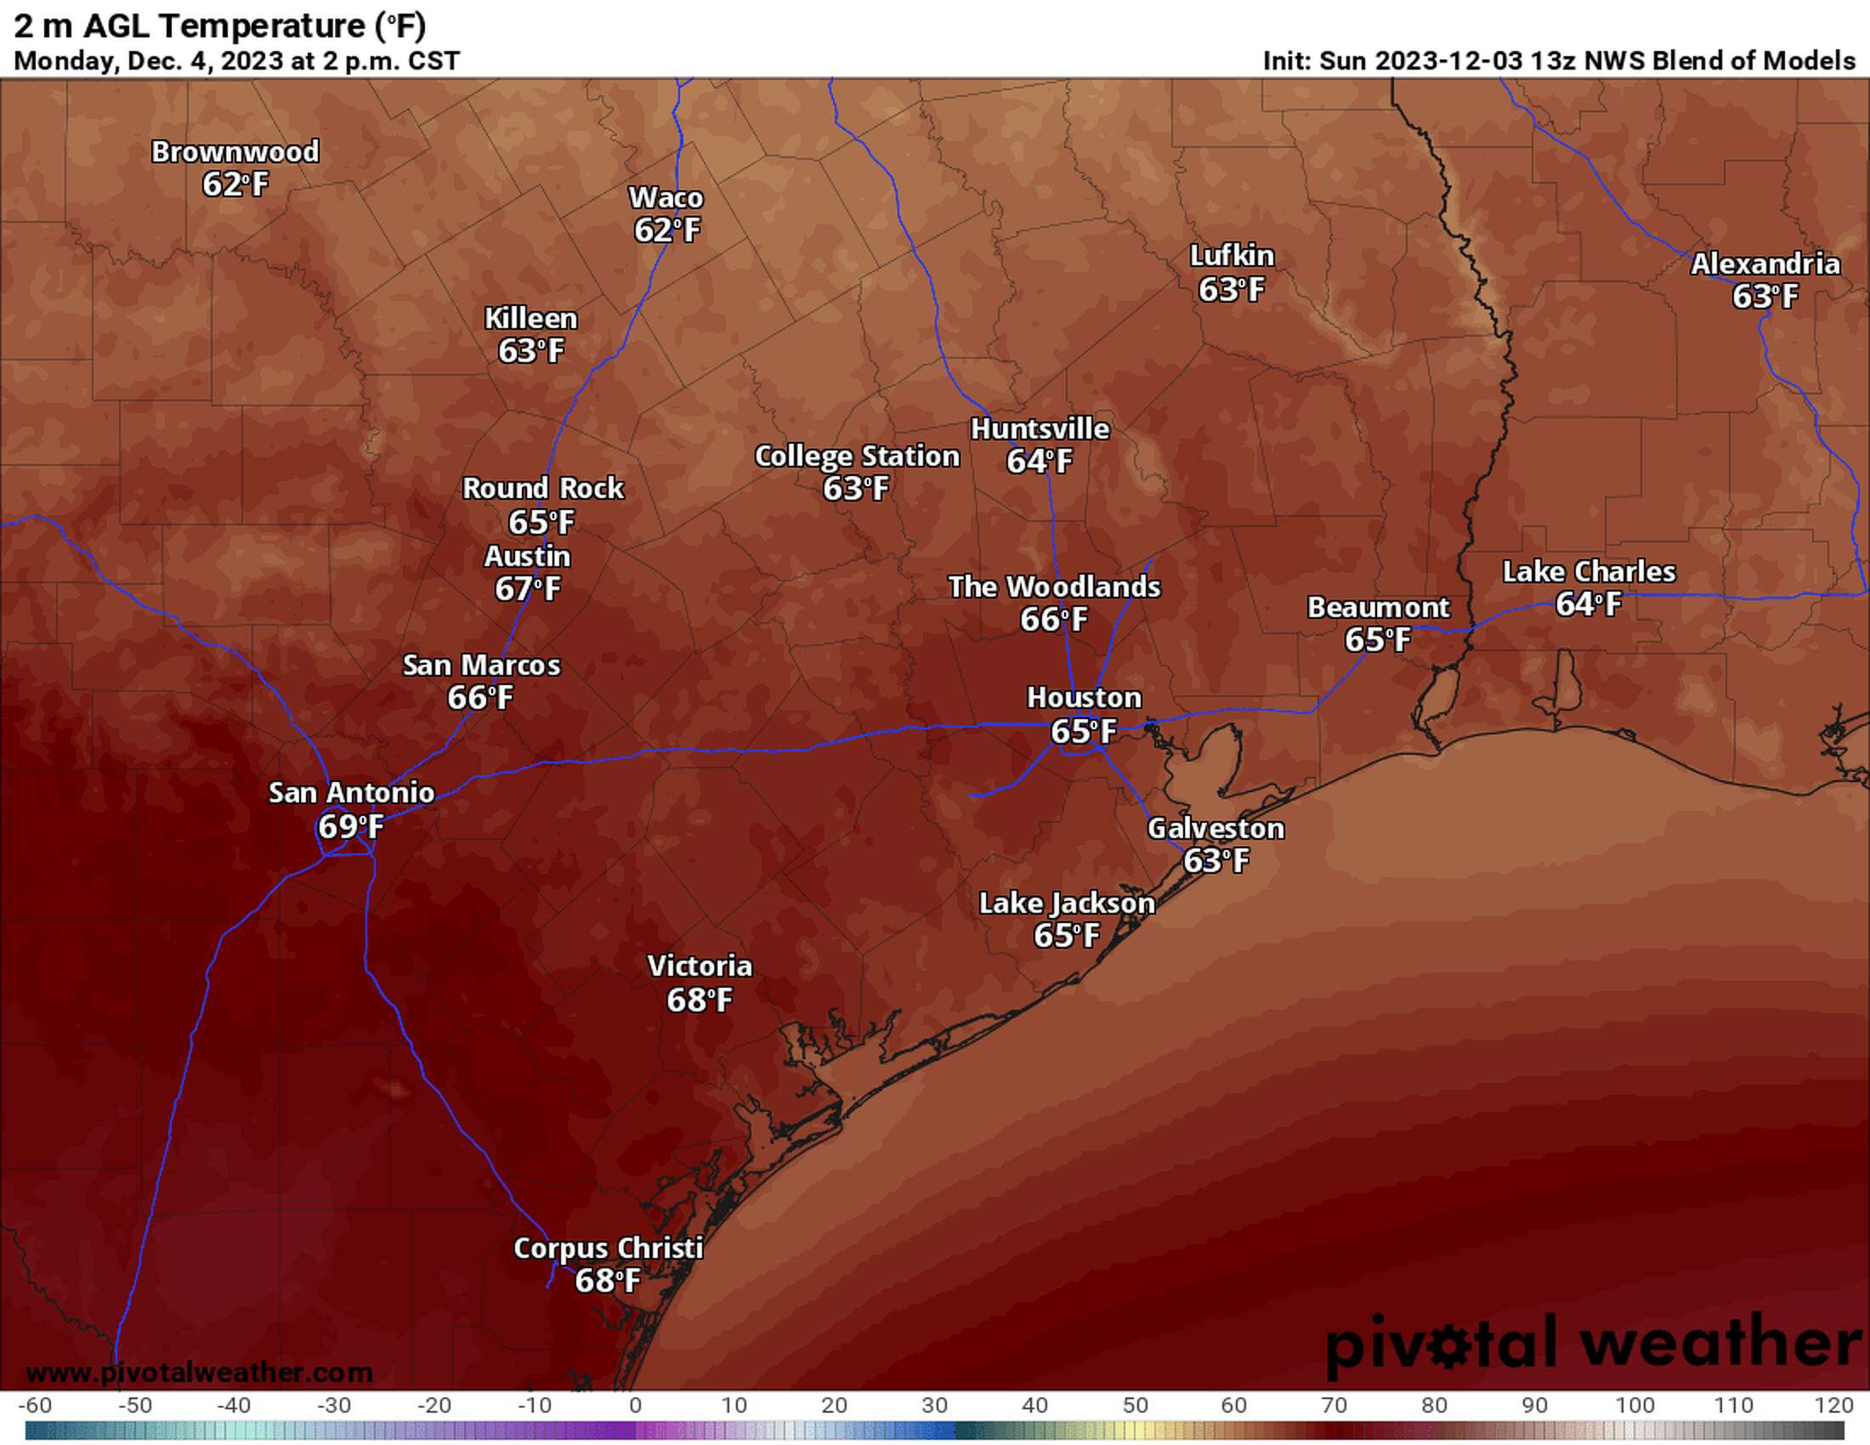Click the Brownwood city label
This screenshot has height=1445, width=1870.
click(235, 151)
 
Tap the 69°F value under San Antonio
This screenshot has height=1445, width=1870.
click(350, 826)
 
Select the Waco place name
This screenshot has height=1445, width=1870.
click(666, 198)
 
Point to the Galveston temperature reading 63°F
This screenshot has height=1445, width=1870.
click(1215, 860)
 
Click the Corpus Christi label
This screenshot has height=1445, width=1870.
click(608, 1248)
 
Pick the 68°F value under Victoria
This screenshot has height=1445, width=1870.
click(700, 999)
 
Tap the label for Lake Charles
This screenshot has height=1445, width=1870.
click(1589, 572)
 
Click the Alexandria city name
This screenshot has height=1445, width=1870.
click(1765, 263)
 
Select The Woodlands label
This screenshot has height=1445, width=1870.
click(1054, 587)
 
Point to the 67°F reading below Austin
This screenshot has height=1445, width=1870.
click(528, 589)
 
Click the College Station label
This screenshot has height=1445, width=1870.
click(856, 456)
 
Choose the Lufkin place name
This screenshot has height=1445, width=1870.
click(1232, 256)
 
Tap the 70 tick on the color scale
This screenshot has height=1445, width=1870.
click(1334, 1406)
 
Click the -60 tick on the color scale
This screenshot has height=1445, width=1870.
click(34, 1406)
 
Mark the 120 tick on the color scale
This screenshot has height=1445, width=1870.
click(1834, 1406)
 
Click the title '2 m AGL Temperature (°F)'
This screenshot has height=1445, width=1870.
click(220, 25)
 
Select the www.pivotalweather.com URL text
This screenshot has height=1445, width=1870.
click(199, 1373)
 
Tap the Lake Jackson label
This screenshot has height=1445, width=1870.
click(1066, 903)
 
